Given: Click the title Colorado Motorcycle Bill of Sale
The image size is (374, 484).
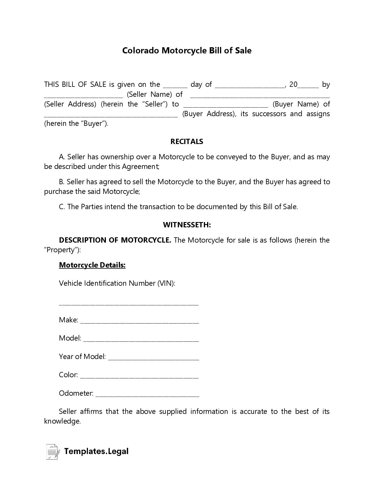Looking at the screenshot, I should (x=187, y=51).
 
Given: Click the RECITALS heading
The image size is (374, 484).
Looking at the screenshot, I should (x=187, y=142).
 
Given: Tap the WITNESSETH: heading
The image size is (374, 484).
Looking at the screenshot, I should (x=187, y=225).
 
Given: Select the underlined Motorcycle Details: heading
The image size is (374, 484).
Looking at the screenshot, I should (x=92, y=265).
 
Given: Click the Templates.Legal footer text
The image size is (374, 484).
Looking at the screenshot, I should (x=96, y=451).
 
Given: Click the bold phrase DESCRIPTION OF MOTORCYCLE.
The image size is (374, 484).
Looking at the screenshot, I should (x=115, y=240).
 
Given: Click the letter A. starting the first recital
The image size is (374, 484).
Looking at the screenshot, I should (x=62, y=157).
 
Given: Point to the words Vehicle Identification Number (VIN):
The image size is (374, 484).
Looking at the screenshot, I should (x=117, y=283).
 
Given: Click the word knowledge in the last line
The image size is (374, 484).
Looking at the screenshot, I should (x=62, y=421).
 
